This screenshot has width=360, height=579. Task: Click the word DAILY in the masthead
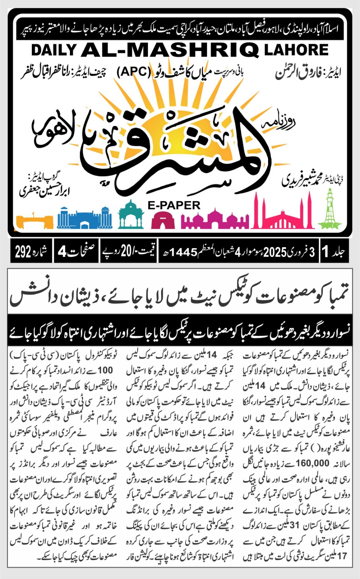coord(54,50)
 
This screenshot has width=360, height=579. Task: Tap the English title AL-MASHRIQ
coord(170,50)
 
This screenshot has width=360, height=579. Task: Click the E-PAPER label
coord(174,205)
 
